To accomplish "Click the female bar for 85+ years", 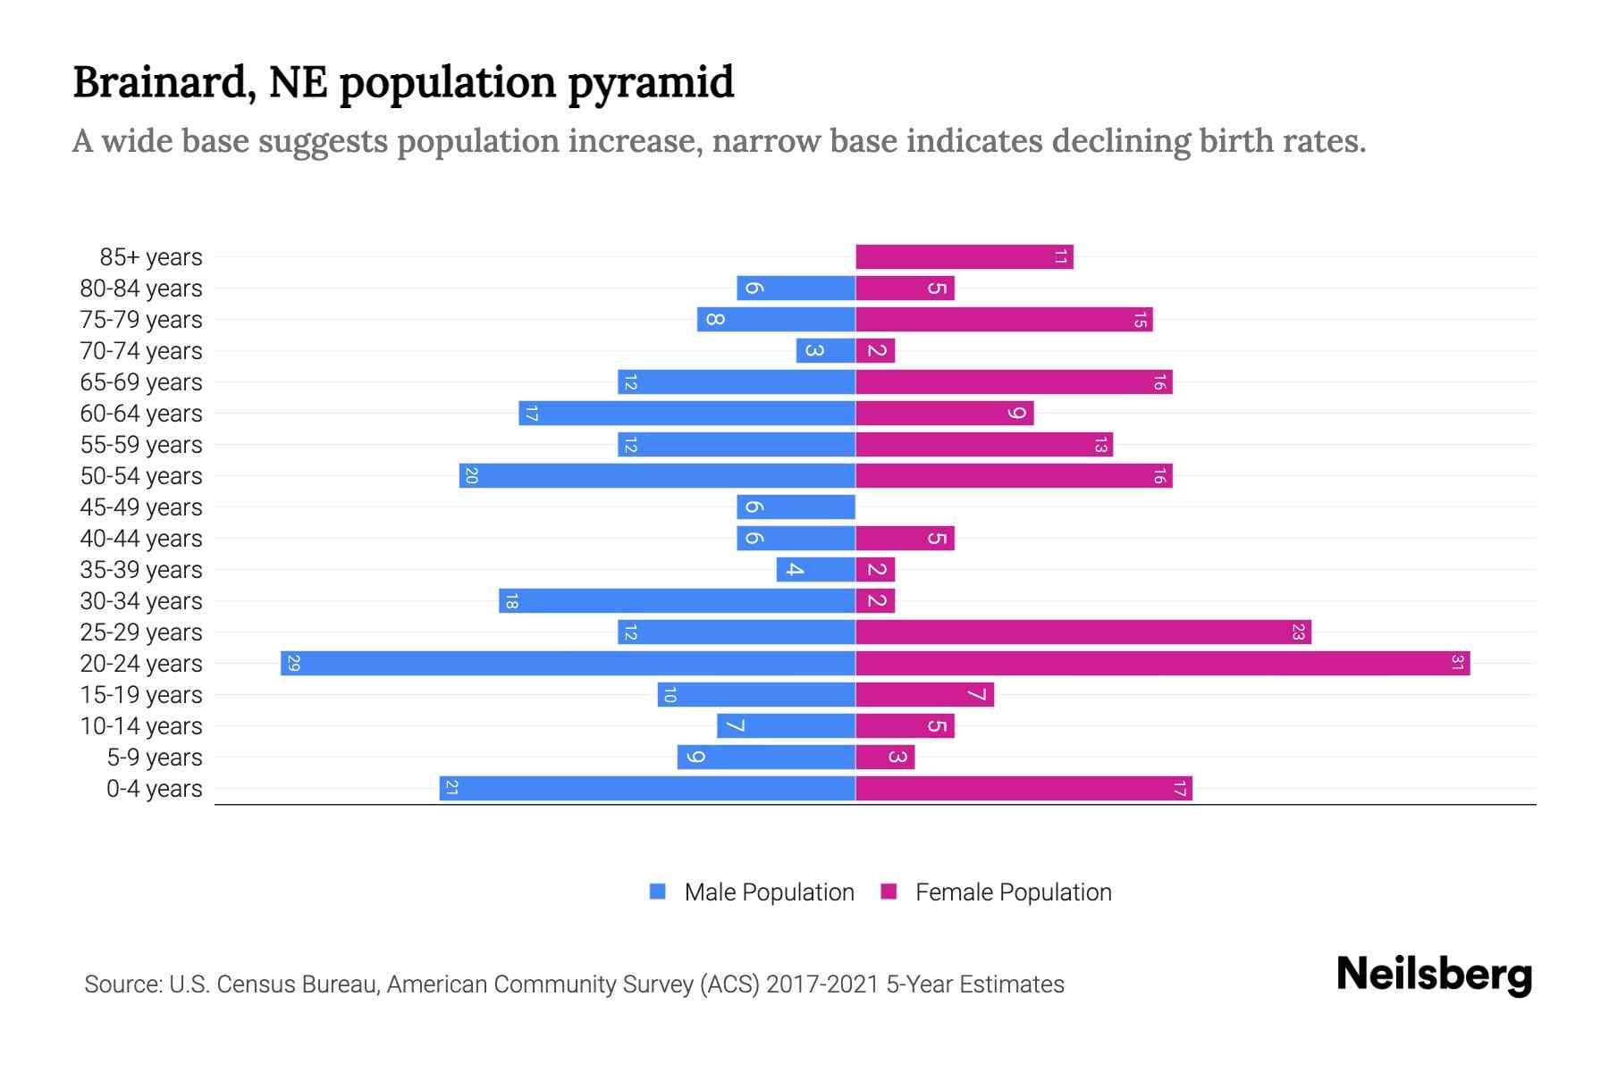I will [x=964, y=257].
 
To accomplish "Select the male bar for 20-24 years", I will [x=568, y=664].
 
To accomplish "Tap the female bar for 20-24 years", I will [x=1162, y=664].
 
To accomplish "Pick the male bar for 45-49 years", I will [x=796, y=507].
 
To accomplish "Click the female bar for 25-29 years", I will [x=1082, y=632].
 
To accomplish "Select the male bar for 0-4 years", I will [x=647, y=789].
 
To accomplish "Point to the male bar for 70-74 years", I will [x=825, y=351].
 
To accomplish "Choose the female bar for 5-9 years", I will [x=885, y=758].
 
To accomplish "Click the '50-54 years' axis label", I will [x=141, y=476].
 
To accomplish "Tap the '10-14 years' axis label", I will [x=141, y=726].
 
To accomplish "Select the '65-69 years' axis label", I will [x=141, y=382].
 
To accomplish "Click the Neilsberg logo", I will [x=1434, y=975].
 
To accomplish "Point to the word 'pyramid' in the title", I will [x=650, y=83].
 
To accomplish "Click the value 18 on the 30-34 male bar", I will [x=510, y=601].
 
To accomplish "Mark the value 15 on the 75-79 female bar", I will [x=1140, y=320].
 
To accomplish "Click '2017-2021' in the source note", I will [x=821, y=984].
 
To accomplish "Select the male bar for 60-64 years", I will [x=687, y=414].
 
